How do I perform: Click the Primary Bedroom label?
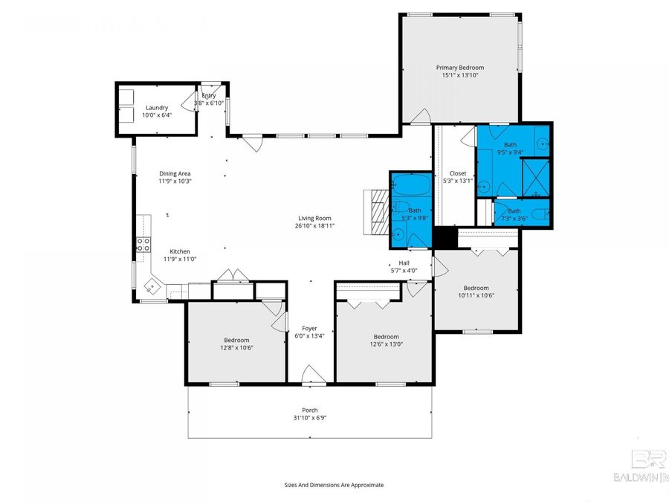[x=459, y=68]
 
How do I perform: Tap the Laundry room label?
[x=157, y=108]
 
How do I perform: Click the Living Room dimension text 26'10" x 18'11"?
[x=314, y=225]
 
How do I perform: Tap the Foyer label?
[x=309, y=328]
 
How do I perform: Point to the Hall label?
[x=404, y=263]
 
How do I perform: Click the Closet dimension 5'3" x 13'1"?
[x=457, y=181]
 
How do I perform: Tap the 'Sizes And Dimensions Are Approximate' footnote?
[x=334, y=484]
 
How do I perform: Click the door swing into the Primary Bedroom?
[x=421, y=117]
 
